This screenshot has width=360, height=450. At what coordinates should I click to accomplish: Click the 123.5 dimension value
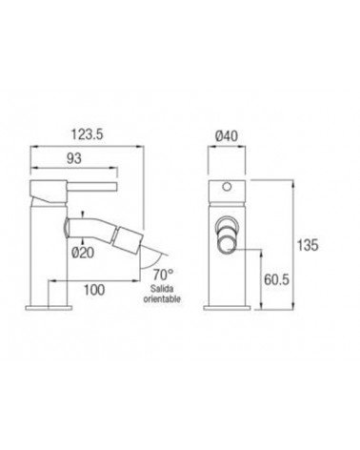(87, 134)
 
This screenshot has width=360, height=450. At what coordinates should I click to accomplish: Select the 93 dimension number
(74, 158)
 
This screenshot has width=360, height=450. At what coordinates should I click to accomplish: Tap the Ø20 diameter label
(83, 253)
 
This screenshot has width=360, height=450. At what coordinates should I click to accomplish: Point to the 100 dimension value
(94, 290)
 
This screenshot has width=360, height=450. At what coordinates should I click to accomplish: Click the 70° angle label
(163, 274)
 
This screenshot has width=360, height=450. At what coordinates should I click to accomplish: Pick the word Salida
(162, 289)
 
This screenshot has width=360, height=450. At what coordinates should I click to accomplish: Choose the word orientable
(162, 299)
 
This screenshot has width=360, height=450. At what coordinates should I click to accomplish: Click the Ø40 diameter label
(227, 136)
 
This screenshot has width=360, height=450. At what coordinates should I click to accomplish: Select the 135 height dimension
(308, 245)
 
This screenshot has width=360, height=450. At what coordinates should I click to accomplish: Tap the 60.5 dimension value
(276, 279)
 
